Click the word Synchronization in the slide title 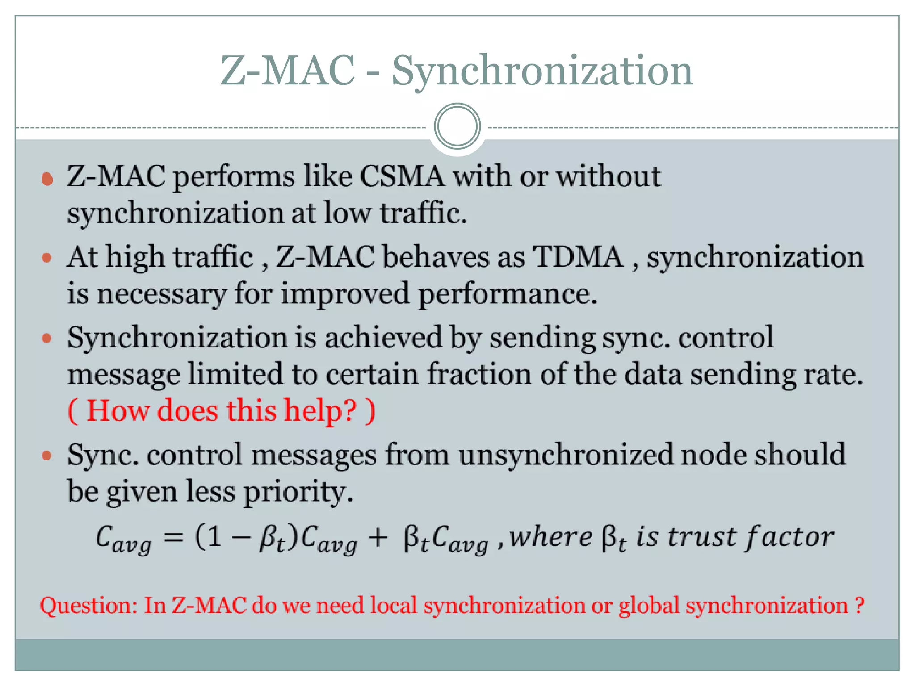542,71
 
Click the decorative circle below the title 457,126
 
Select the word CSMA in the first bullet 402,176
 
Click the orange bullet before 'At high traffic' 47,258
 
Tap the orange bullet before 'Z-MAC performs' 47,179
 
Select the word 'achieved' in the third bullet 383,338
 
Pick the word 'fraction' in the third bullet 479,374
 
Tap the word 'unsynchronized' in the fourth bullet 565,455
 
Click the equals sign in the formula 173,537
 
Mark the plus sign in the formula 378,537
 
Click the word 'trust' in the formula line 701,537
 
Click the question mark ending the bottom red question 859,606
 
